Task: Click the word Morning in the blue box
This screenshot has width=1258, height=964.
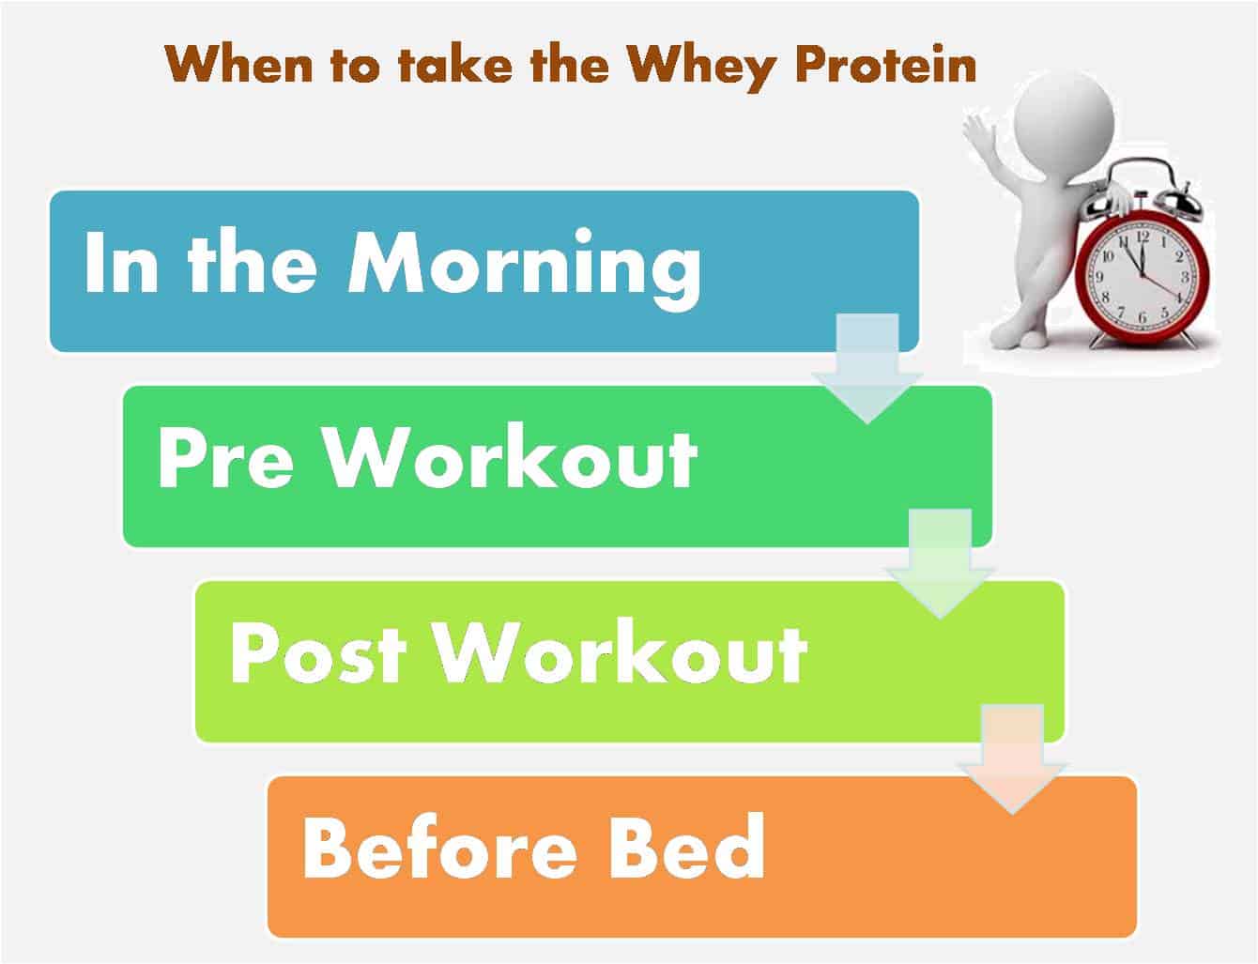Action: [x=525, y=268]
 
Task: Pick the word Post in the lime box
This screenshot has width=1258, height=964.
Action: [x=318, y=654]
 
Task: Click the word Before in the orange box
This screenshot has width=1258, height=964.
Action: [x=440, y=849]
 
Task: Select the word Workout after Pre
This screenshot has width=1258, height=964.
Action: [x=511, y=457]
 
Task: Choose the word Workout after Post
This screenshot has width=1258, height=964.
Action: [x=620, y=651]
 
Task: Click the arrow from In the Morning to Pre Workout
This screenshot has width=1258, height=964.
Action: [x=867, y=368]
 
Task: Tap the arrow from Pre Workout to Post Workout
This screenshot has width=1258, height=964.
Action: [x=940, y=563]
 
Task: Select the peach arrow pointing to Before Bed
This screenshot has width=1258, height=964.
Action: [x=1013, y=759]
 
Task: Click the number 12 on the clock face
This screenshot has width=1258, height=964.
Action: [x=1143, y=237]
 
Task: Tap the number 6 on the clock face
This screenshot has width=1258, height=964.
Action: [x=1143, y=317]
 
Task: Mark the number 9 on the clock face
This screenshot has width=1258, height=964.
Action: [x=1099, y=277]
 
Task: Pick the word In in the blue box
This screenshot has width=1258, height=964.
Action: [x=121, y=262]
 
